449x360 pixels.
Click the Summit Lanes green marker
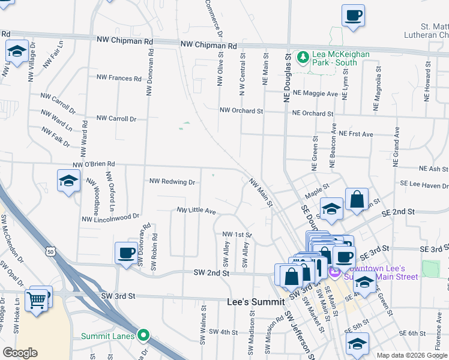(x=143, y=335)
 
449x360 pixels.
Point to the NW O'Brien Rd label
(x=93, y=164)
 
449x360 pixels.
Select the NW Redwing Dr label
(x=172, y=181)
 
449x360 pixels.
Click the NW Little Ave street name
(x=196, y=211)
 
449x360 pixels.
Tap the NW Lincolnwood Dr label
(x=110, y=217)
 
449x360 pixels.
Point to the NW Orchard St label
(x=241, y=110)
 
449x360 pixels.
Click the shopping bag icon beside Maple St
(x=357, y=200)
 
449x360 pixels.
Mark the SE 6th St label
(x=413, y=333)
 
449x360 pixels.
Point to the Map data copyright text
(x=411, y=355)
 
